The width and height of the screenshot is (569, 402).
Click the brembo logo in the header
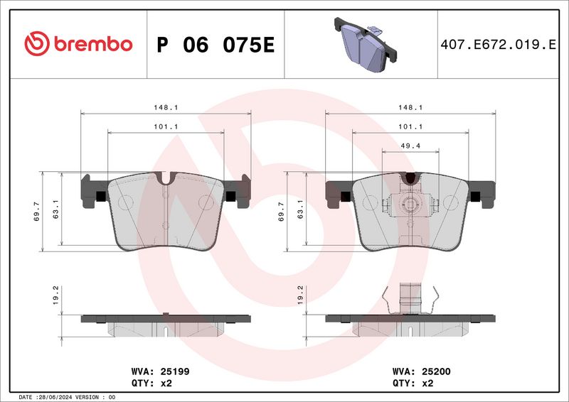[78, 44]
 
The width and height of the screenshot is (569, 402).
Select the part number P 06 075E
[216, 45]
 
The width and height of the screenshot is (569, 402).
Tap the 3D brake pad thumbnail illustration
[366, 44]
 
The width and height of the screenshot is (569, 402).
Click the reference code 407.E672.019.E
[498, 45]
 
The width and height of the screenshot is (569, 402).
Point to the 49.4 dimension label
[410, 146]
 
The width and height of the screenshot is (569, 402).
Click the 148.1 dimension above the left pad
[166, 108]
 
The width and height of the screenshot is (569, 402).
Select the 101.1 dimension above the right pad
[410, 127]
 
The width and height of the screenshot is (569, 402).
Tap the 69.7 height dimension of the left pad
[37, 212]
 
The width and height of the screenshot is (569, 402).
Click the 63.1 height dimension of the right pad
[300, 209]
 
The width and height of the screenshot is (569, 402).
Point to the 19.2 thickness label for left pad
[55, 295]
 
